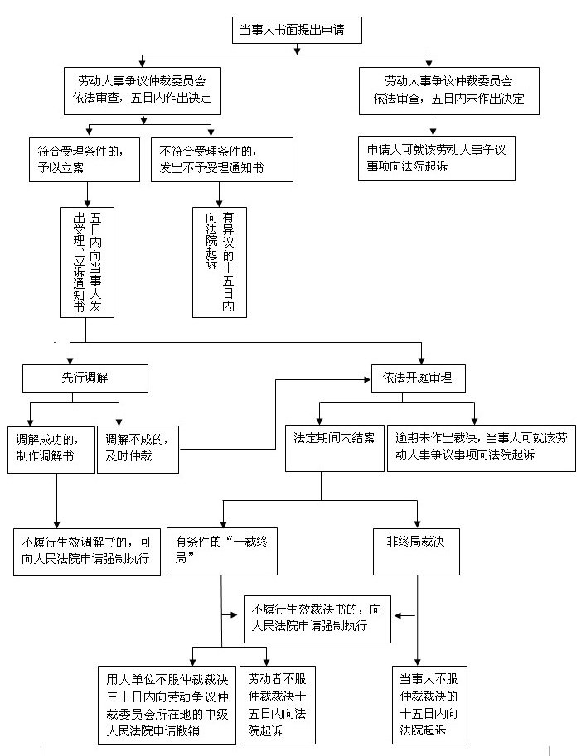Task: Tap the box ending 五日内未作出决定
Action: (448, 90)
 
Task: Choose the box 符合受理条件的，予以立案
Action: (84, 160)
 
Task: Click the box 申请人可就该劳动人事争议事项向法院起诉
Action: (437, 157)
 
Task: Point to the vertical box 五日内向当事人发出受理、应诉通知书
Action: (87, 262)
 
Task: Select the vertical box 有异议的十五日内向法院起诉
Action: (220, 262)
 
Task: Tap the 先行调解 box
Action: (85, 378)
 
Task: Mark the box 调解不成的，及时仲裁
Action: (138, 448)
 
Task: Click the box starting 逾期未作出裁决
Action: (482, 448)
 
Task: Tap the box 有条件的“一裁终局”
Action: (221, 551)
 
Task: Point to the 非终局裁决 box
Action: (416, 551)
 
